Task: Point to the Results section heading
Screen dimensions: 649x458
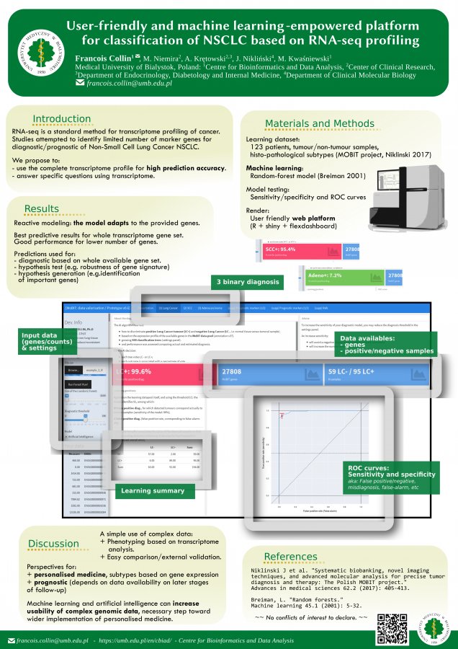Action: tap(42, 209)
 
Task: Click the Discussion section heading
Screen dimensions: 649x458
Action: tap(53, 543)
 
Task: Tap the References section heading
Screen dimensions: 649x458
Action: tap(291, 556)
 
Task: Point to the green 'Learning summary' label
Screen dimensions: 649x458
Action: tap(152, 490)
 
